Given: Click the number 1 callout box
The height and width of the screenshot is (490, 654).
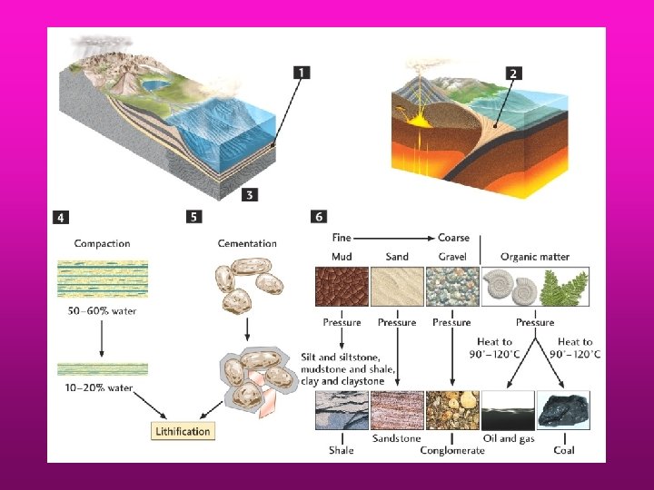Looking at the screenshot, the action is [x=302, y=72].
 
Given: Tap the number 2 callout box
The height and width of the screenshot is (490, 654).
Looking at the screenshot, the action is [x=514, y=73].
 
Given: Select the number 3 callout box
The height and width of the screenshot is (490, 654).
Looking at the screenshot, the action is [x=251, y=193].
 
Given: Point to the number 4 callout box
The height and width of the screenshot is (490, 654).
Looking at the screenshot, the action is [x=60, y=218].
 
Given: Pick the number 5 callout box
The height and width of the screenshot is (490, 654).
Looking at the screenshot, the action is [x=194, y=217].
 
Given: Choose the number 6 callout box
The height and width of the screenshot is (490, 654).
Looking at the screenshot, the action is [x=319, y=217].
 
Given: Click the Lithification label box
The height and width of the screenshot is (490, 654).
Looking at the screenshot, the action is [x=183, y=431].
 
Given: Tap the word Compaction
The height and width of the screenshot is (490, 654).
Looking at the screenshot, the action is [x=102, y=243].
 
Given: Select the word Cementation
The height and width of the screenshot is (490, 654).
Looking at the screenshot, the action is [x=247, y=243].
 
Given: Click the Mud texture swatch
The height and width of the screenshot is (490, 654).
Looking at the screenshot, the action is [x=342, y=286].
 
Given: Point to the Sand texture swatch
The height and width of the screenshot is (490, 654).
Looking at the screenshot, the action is [x=397, y=286].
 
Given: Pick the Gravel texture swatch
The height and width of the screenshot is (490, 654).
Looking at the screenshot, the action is [x=451, y=286].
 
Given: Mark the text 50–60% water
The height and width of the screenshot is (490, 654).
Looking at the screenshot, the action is [x=104, y=311].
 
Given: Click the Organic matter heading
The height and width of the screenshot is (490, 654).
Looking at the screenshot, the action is [x=534, y=257].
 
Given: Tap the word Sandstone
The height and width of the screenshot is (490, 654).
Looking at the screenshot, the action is [x=396, y=438].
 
